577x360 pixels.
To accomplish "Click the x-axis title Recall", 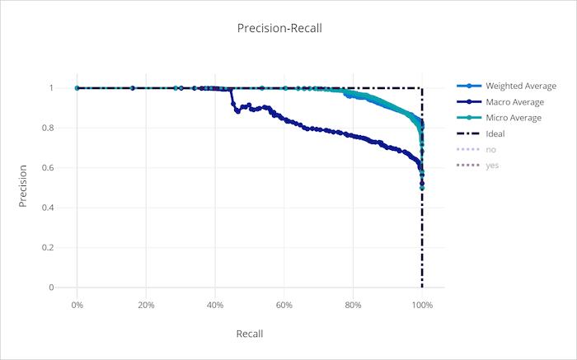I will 249,334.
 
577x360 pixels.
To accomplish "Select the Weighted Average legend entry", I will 520,86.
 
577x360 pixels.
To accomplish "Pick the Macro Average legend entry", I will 514,102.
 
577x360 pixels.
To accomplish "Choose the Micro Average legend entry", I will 514,118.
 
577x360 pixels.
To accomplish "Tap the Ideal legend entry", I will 495,133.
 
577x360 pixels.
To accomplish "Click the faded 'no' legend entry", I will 490,149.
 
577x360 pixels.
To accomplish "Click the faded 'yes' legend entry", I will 491,166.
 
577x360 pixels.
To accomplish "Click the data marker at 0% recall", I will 77,88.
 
